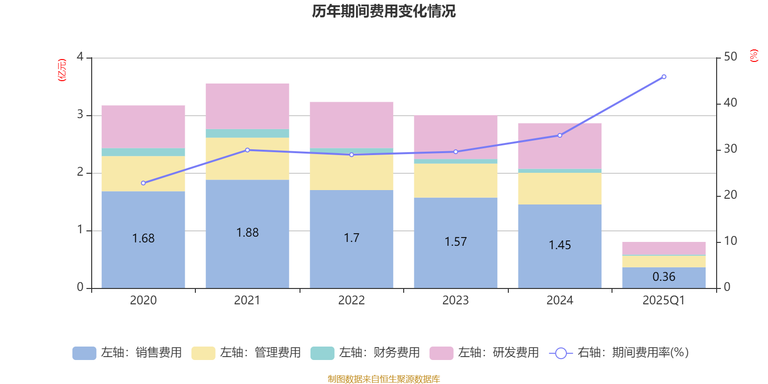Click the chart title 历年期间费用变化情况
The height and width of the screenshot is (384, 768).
coord(384,11)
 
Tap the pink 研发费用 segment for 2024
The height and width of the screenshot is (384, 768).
coord(560,146)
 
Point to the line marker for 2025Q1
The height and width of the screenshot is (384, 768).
coord(664,77)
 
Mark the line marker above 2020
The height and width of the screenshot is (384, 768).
coord(143,183)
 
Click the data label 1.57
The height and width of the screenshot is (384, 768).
coord(456,242)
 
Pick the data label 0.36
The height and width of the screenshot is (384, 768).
coord(664,277)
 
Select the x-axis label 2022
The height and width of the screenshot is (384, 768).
coord(351,300)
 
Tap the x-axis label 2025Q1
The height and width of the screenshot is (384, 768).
coord(664,300)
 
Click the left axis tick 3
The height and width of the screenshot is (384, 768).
coord(80,115)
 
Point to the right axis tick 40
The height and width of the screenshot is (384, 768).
coord(730,103)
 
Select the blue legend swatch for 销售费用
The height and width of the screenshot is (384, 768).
coord(84,353)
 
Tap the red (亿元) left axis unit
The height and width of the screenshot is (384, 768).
coord(62,70)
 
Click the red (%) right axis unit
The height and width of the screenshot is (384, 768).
coord(754,56)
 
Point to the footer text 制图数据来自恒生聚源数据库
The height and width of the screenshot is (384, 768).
coord(384,379)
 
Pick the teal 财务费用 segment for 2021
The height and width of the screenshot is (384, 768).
coord(247,133)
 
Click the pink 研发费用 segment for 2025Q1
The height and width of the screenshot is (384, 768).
coord(664,248)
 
